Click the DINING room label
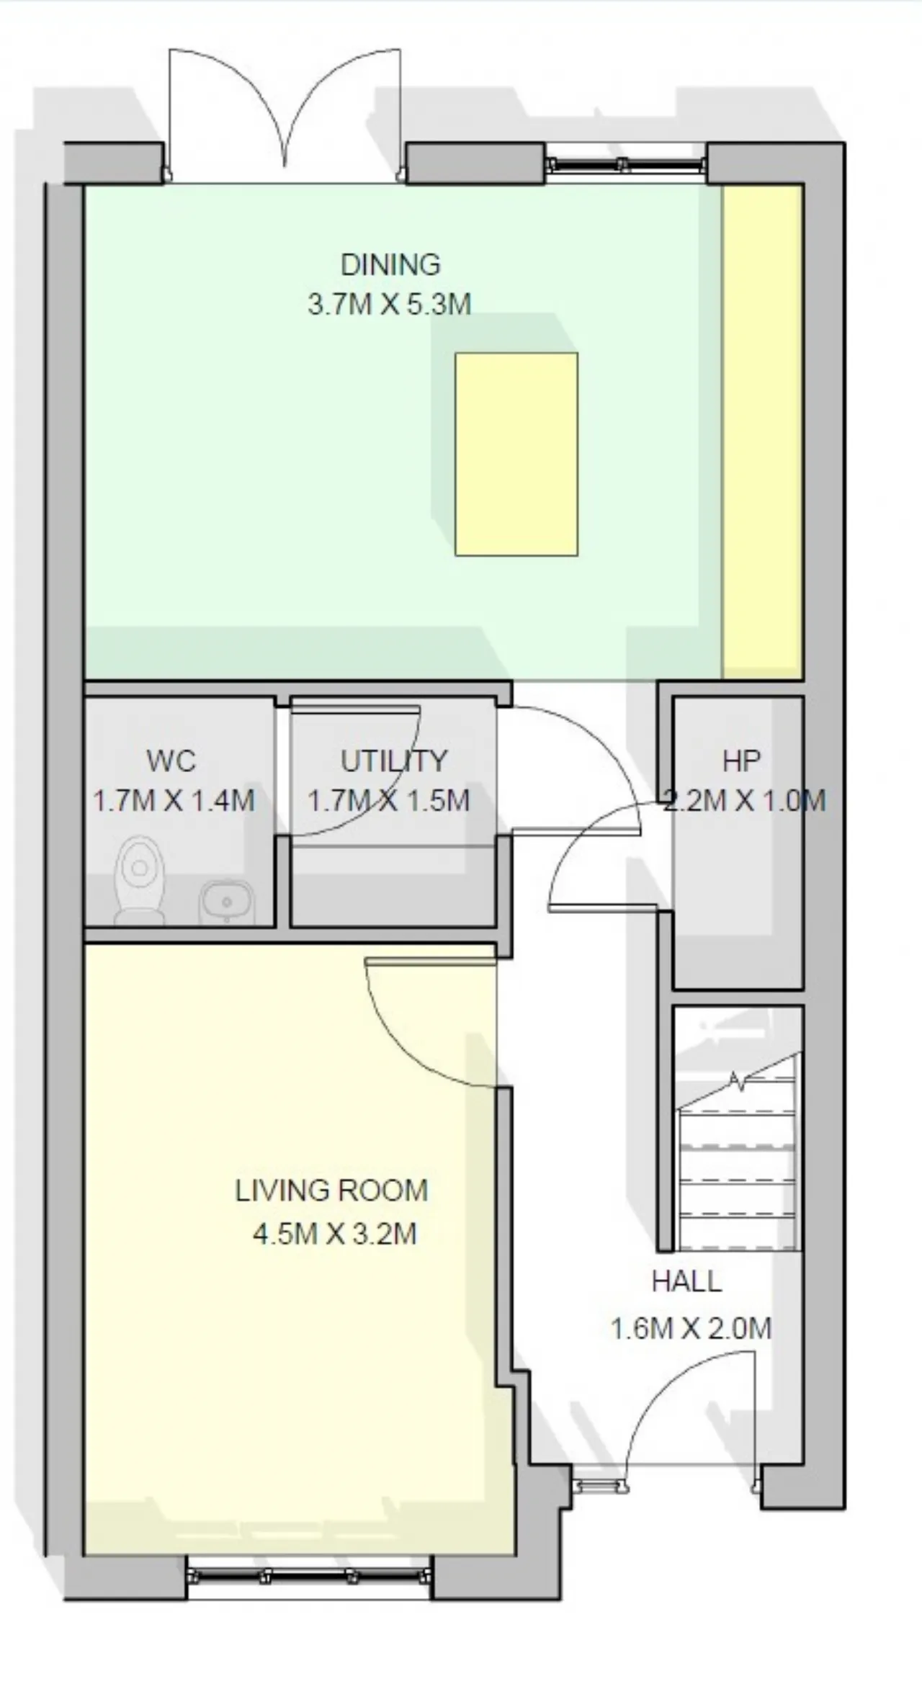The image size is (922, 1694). tap(390, 265)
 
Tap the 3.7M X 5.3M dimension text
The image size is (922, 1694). tap(390, 304)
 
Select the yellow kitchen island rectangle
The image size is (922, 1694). tap(516, 454)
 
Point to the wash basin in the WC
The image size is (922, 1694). tap(226, 901)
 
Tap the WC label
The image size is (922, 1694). tap(171, 761)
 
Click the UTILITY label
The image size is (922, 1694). tap(394, 761)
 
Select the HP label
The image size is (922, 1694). tap(742, 761)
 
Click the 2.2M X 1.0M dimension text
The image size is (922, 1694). tap(744, 801)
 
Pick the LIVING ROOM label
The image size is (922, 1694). tap(332, 1191)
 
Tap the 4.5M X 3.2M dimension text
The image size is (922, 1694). tap(335, 1234)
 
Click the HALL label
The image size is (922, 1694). tap(686, 1281)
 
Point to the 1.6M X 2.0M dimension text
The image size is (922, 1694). tap(691, 1328)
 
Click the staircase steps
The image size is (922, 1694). tap(738, 1153)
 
